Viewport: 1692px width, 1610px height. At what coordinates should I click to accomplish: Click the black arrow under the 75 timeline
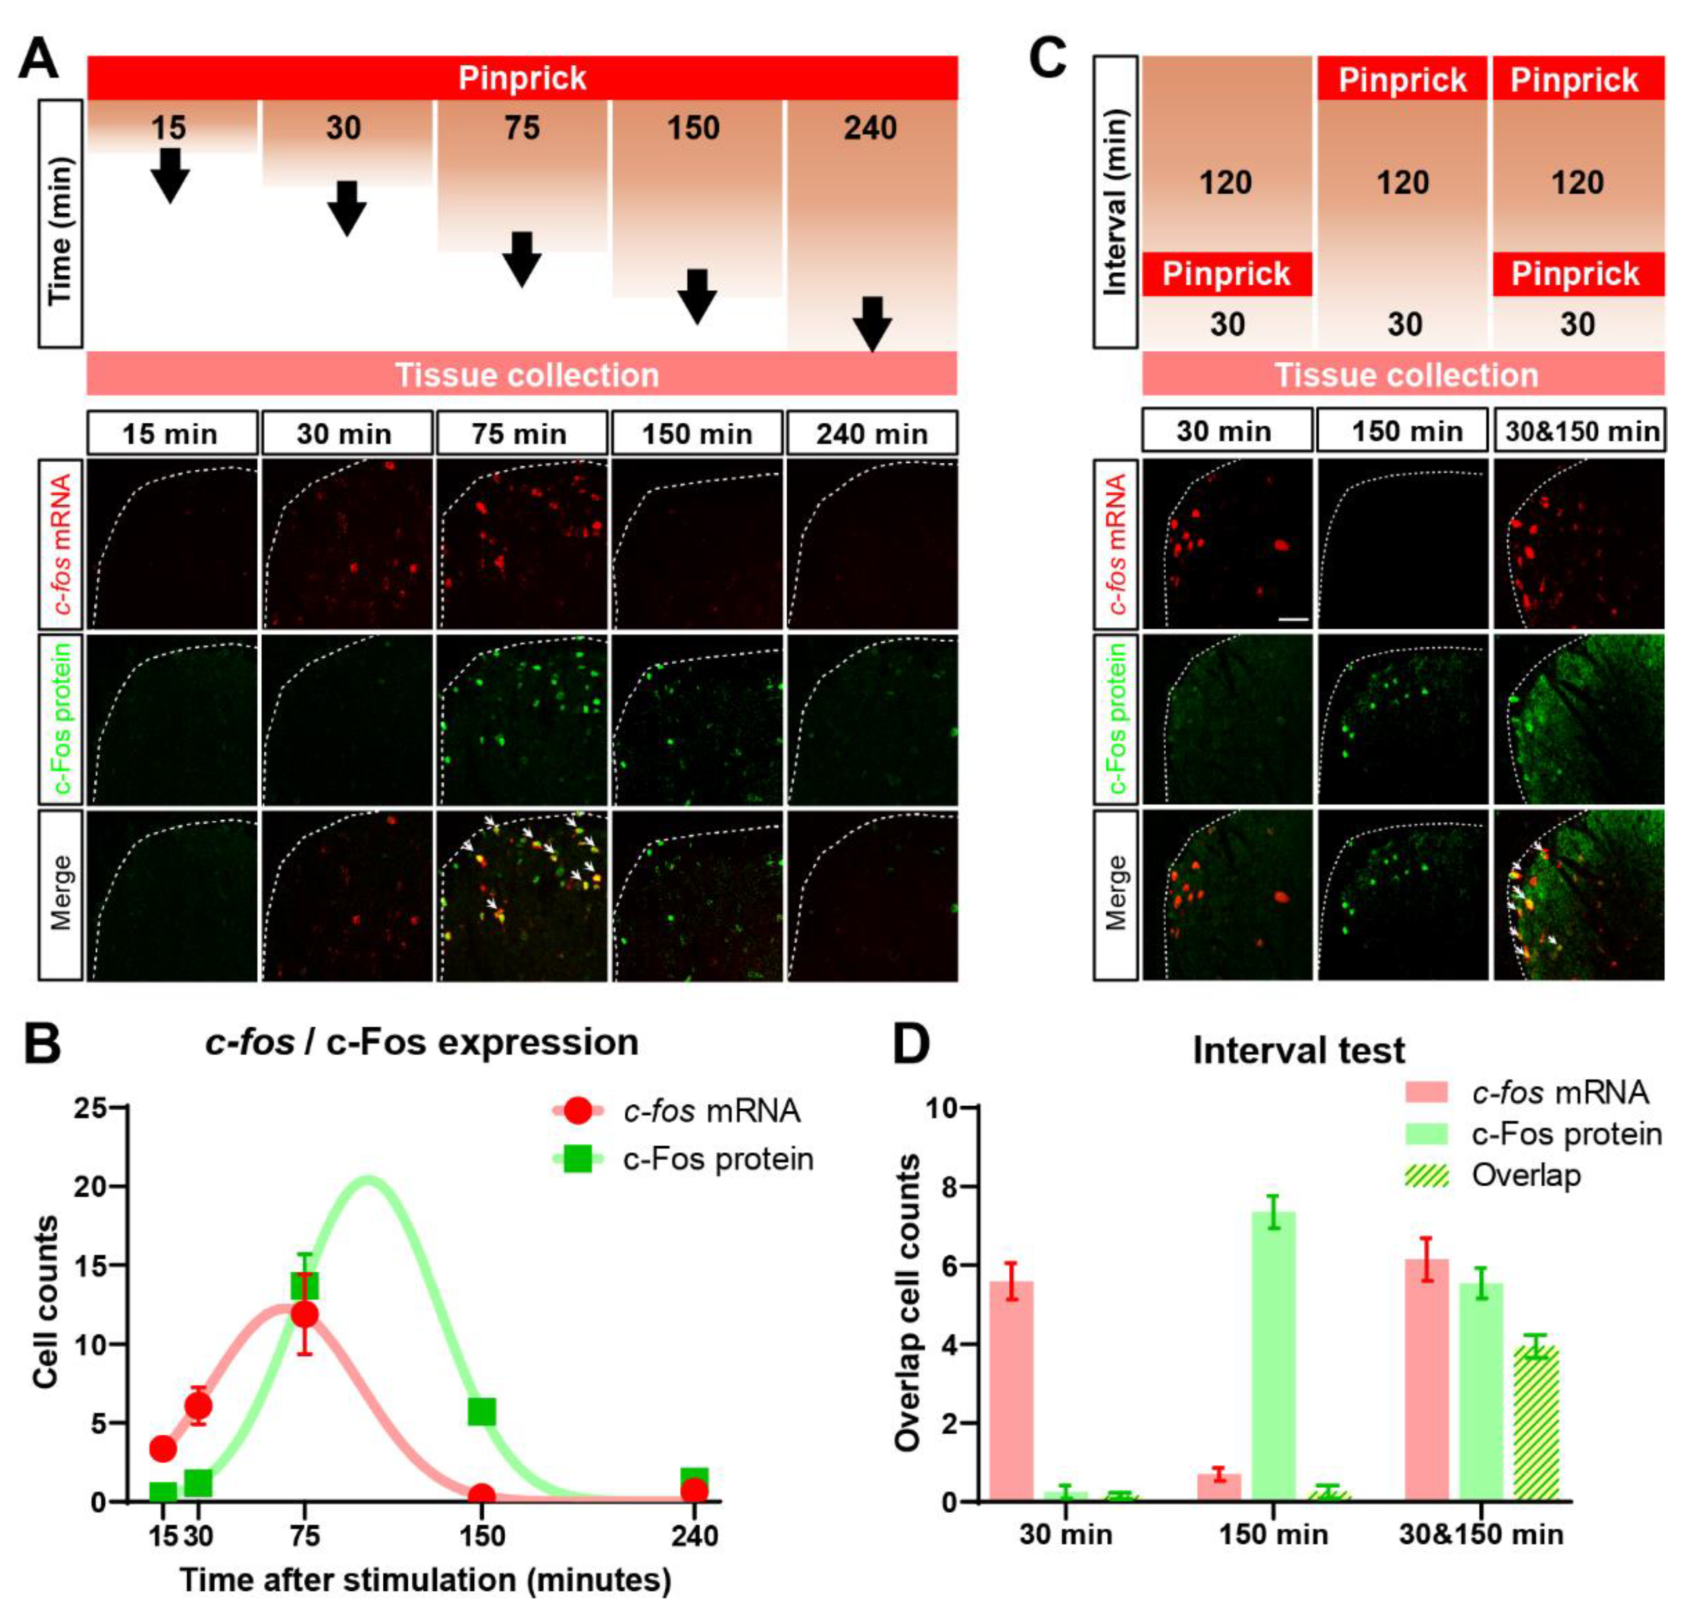point(521,258)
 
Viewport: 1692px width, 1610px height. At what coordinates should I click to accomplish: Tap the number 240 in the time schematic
point(870,129)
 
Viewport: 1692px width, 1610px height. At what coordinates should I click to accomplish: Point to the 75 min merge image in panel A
point(521,894)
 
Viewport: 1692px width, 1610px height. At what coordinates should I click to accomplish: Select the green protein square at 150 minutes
point(482,1411)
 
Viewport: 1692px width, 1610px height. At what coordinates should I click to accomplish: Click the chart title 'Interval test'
point(1298,1051)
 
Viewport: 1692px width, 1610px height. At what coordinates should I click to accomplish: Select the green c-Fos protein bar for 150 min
point(1273,1356)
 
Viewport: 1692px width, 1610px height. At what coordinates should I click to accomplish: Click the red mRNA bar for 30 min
point(1012,1390)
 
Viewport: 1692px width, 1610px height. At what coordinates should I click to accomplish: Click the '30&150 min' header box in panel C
point(1579,431)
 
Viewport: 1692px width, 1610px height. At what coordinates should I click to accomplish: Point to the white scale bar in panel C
point(1292,618)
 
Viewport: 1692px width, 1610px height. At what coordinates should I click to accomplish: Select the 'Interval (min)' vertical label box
point(1114,203)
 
